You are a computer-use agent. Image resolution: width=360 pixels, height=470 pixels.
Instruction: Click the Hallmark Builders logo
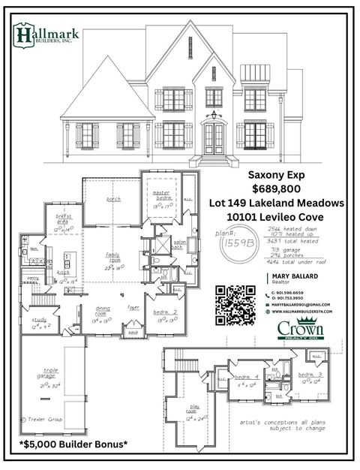click(x=43, y=35)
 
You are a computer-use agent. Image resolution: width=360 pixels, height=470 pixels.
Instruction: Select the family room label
click(x=116, y=259)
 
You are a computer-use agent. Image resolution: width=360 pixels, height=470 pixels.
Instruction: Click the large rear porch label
click(x=113, y=199)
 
